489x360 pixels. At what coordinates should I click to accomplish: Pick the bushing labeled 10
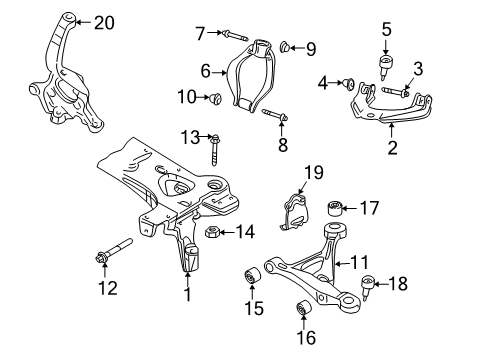[216, 98]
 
